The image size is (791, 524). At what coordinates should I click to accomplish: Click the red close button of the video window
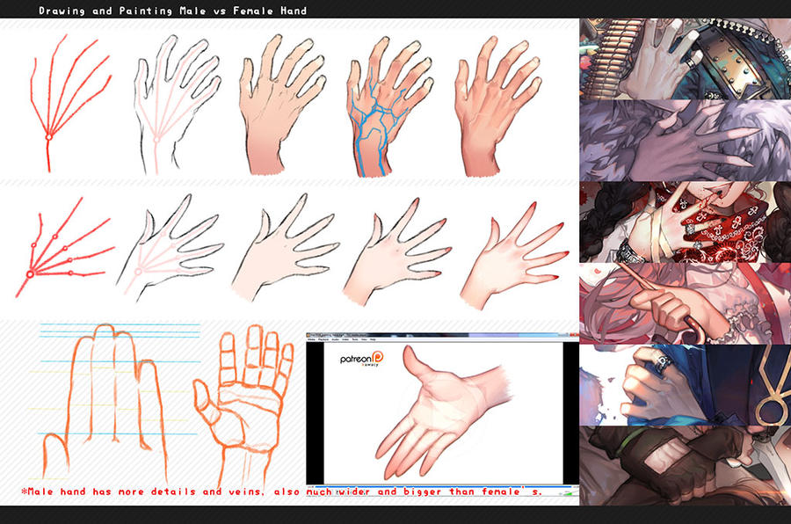point(572,337)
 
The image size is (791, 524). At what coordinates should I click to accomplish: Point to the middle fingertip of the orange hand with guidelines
point(105,331)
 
